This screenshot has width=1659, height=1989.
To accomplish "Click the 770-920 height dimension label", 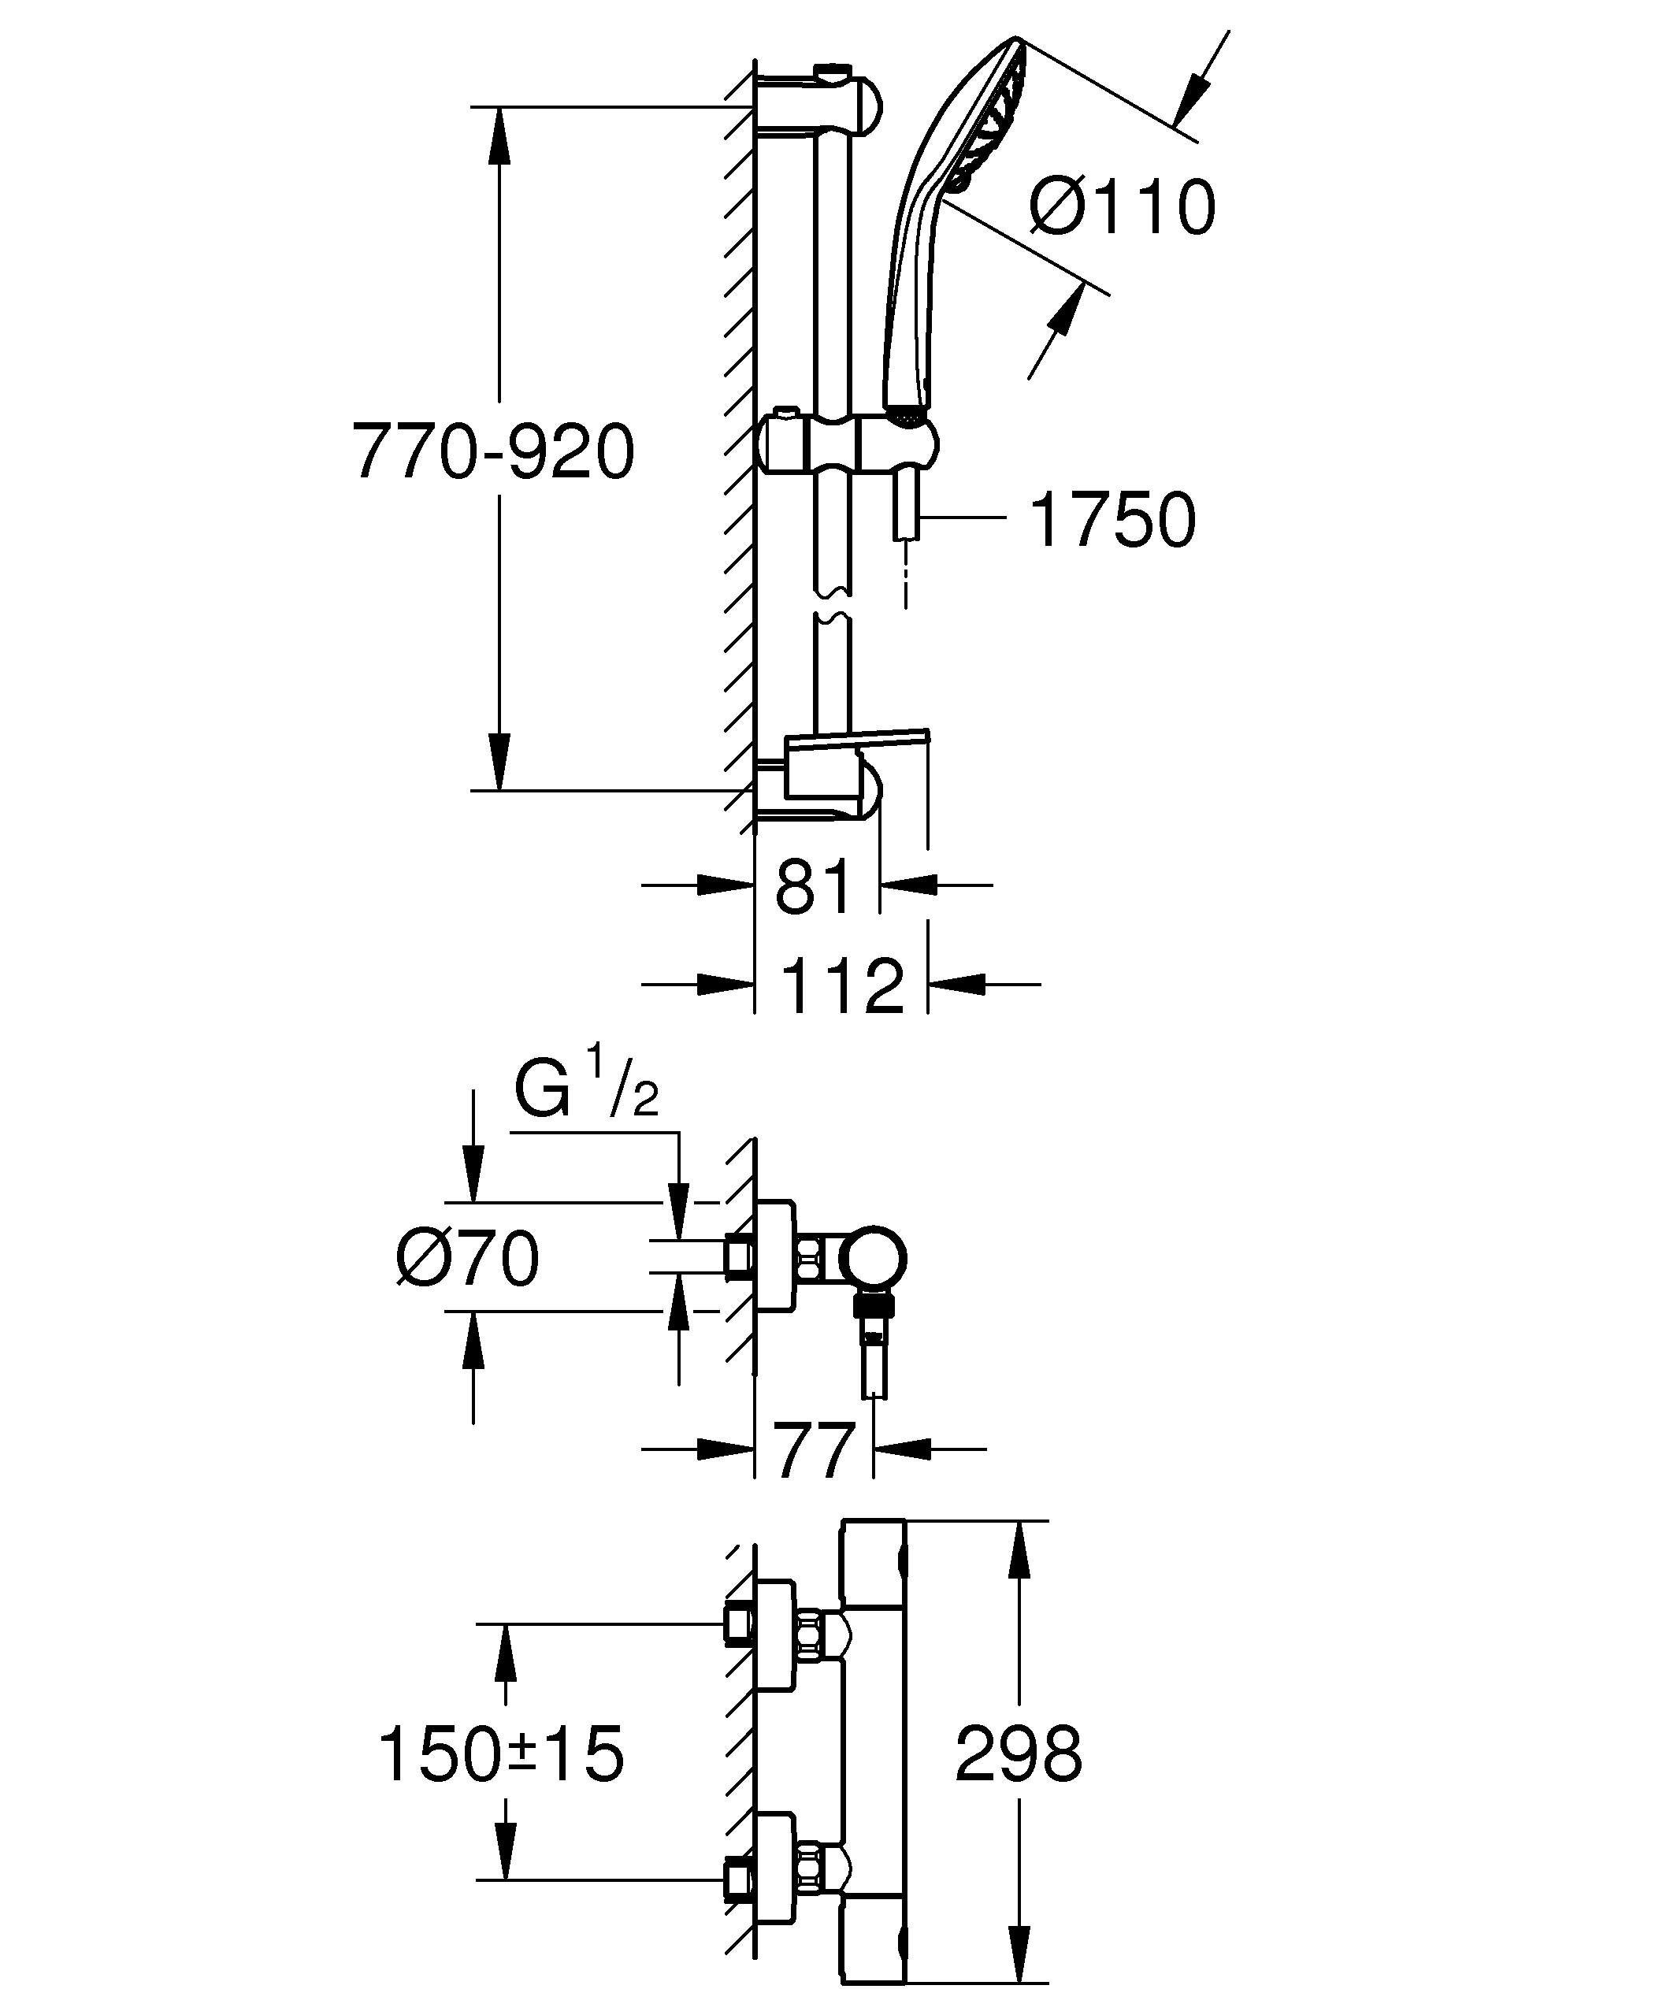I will (x=492, y=452).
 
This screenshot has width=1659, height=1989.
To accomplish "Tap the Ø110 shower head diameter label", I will (x=1122, y=206).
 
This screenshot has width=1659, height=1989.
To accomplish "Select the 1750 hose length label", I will (x=1112, y=519).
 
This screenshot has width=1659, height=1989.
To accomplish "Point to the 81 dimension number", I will (x=814, y=888).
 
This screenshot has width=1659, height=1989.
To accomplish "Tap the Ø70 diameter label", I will (x=468, y=1260).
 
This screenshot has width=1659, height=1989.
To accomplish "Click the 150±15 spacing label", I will (x=501, y=1753).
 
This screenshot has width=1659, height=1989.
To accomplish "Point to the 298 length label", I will (x=1018, y=1753).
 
